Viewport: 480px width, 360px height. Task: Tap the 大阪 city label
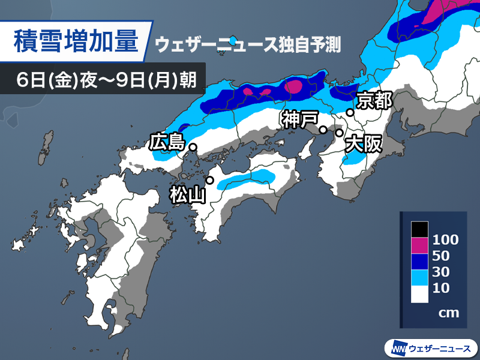coord(364,144)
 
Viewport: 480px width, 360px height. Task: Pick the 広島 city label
coord(166,143)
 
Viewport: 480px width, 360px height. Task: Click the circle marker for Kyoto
coord(350,112)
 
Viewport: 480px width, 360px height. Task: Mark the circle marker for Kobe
coord(323,130)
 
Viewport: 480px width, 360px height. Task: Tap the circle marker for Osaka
coord(339,132)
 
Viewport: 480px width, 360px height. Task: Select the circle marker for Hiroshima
coord(193,146)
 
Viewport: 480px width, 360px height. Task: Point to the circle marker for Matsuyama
coord(210,180)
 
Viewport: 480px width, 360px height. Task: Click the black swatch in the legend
coord(419,229)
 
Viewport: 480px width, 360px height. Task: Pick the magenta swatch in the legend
coord(419,245)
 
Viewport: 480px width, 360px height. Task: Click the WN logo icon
coord(397,348)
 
